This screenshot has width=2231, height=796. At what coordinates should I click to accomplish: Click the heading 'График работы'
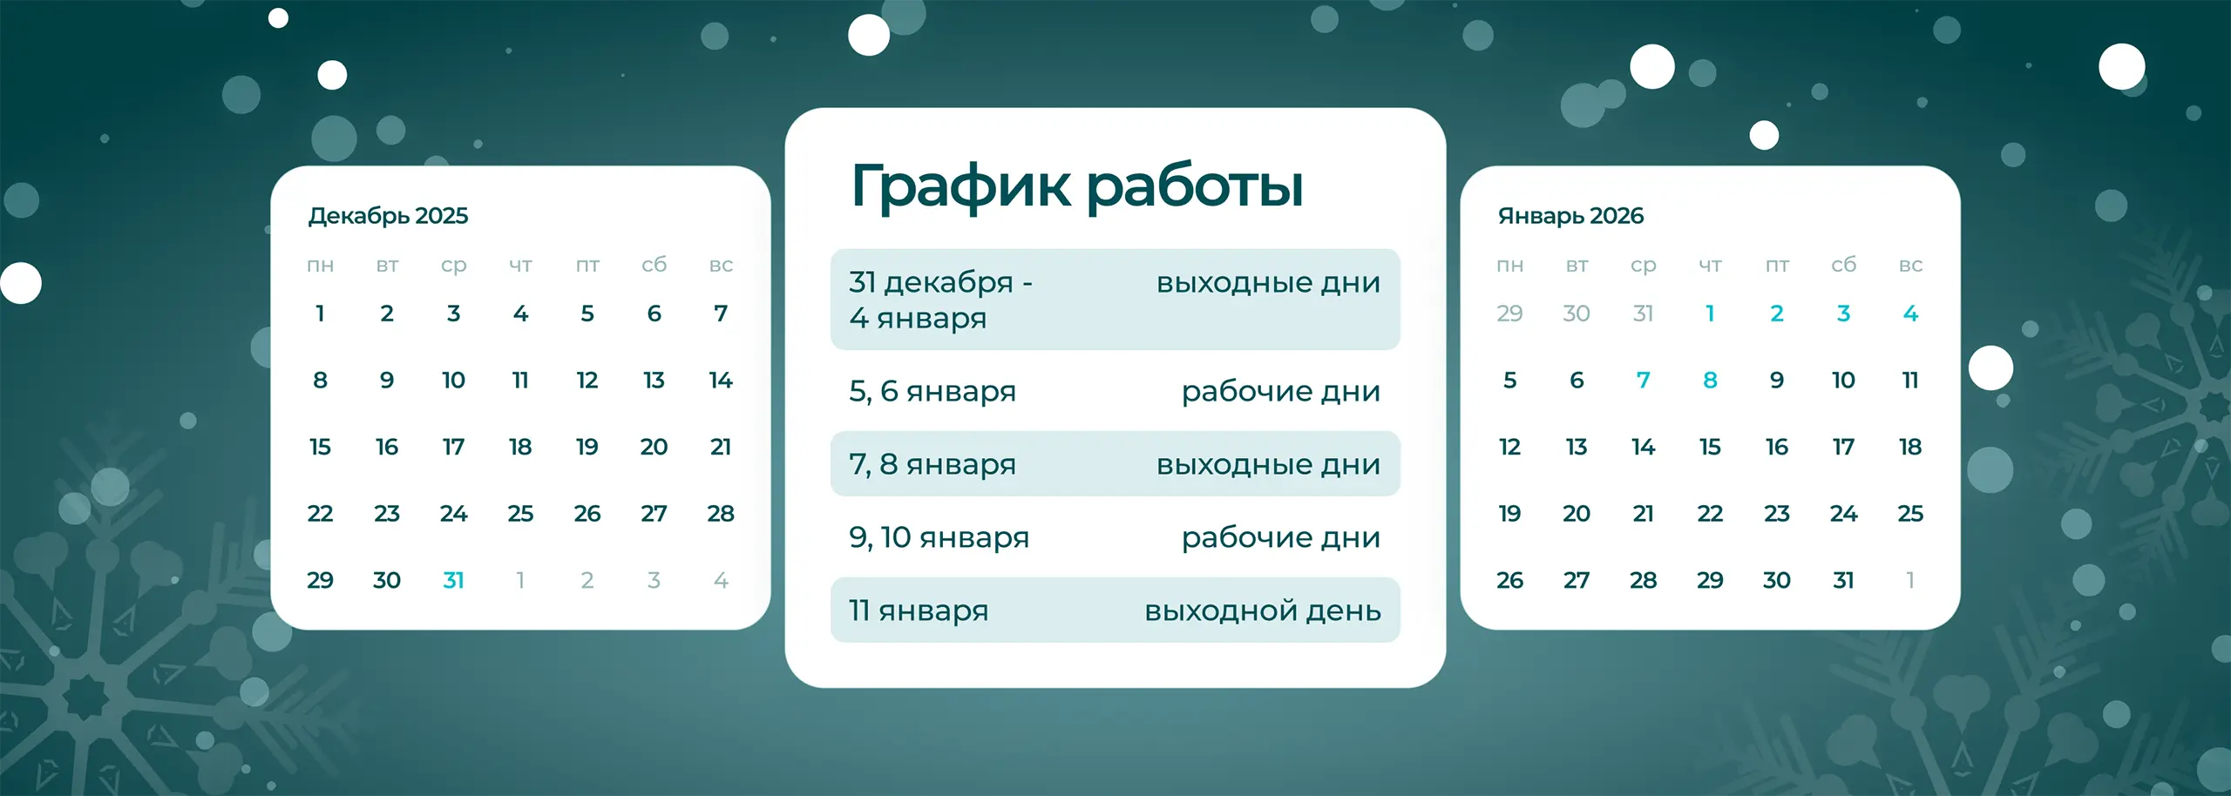tap(1076, 186)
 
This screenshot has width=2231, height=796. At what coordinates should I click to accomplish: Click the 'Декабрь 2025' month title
tap(388, 216)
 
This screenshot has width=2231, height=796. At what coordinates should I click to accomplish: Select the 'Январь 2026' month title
tap(1570, 216)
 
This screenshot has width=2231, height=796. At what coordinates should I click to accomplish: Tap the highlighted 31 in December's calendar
tap(453, 580)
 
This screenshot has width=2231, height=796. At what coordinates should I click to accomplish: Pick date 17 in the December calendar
tap(453, 447)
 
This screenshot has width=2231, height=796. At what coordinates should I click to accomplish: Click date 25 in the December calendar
tap(520, 514)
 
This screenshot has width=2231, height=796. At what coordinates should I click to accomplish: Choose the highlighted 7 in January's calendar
tap(1643, 381)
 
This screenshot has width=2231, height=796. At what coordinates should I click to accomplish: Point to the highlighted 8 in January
tap(1710, 381)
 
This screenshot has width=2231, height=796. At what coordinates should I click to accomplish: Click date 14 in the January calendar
tap(1643, 447)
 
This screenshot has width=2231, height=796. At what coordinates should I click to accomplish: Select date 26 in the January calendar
tap(1509, 580)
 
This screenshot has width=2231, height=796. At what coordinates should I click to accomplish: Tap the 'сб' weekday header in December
tap(654, 265)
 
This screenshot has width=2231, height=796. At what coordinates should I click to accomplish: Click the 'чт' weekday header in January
tap(1710, 265)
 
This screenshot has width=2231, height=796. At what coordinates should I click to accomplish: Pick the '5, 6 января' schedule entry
tap(932, 392)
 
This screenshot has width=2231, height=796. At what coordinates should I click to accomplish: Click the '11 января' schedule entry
tap(919, 610)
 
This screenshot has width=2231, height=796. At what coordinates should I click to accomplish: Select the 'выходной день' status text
tap(1263, 610)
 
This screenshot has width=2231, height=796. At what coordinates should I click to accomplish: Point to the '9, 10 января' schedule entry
tap(939, 537)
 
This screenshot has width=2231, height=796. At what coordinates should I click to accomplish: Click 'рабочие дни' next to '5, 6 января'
tap(1280, 392)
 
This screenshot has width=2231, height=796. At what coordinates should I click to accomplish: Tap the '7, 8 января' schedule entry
tap(932, 464)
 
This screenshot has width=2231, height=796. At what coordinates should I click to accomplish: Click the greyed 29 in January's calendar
tap(1509, 314)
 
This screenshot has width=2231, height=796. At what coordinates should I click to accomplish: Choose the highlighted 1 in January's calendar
tap(1710, 314)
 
